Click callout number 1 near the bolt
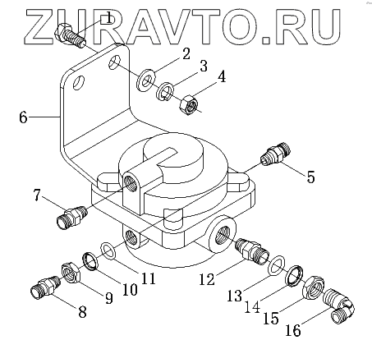pyautogui.click(x=108, y=19)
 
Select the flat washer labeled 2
pyautogui.click(x=145, y=80)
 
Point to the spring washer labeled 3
pyautogui.click(x=164, y=92)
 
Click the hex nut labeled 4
pyautogui.click(x=189, y=105)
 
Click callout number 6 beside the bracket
pyautogui.click(x=23, y=117)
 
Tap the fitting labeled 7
pyautogui.click(x=72, y=217)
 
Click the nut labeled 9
pyautogui.click(x=71, y=273)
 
